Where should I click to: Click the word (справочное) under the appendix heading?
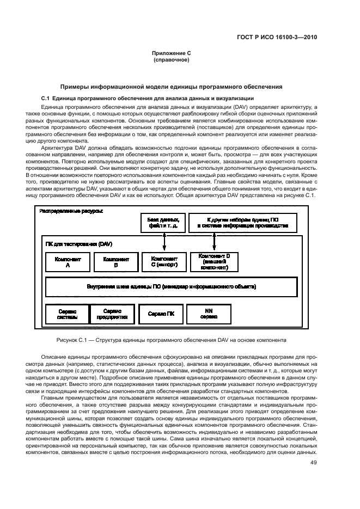171,59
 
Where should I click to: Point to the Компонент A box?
68,262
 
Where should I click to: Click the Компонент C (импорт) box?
163,262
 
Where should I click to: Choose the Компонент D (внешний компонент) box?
213,262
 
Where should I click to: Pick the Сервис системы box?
67,314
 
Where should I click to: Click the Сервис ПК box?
161,314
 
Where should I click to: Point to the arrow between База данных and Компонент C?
163,242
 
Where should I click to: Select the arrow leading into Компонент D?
213,242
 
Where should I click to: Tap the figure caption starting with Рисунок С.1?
171,340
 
